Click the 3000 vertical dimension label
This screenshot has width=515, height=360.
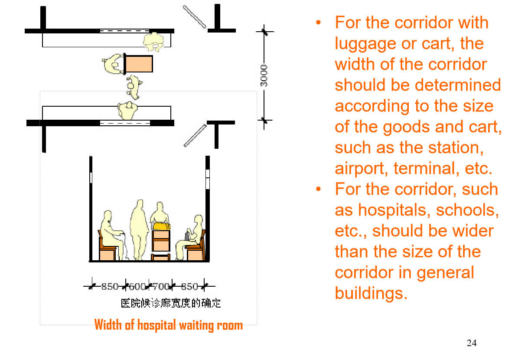pos(264,75)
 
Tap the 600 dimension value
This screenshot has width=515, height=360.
pos(137,286)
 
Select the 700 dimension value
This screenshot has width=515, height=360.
pos(161,286)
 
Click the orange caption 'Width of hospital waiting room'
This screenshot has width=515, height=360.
pos(169,325)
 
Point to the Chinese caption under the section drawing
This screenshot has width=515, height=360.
pos(171,303)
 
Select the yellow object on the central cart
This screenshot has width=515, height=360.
pos(161,226)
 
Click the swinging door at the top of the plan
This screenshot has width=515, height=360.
pos(194,16)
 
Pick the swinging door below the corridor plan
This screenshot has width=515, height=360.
pos(195,135)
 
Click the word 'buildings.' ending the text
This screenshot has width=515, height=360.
pos(371,293)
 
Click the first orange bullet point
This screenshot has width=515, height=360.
pos(319,23)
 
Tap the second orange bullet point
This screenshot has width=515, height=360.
pos(319,189)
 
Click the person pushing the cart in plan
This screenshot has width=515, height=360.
pos(114,64)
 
